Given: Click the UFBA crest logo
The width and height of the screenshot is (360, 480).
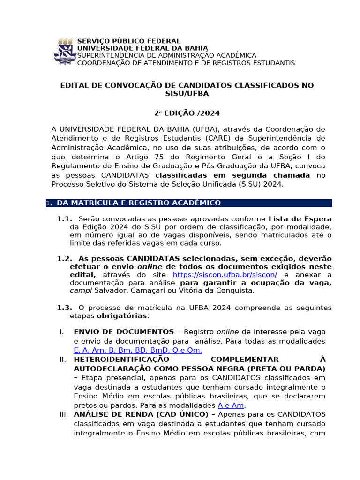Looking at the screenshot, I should click(x=66, y=52).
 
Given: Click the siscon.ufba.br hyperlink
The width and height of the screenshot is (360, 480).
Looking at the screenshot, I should click(x=225, y=275).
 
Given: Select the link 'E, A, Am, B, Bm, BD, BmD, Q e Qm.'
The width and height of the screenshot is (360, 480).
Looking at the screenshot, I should click(x=138, y=350).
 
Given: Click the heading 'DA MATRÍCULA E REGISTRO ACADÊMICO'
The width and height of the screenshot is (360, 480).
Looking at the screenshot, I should click(x=139, y=203).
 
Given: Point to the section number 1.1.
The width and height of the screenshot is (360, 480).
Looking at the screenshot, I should click(x=65, y=219).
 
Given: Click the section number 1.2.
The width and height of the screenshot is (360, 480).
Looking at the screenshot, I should click(x=65, y=259).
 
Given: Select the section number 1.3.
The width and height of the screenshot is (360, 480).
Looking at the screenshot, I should click(x=65, y=308).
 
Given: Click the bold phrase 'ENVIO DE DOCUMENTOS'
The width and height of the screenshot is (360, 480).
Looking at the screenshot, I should click(x=124, y=332).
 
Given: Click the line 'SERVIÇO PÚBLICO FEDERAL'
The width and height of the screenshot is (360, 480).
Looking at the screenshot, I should click(x=128, y=41).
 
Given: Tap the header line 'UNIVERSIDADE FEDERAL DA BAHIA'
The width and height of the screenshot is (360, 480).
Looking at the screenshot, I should click(x=142, y=48).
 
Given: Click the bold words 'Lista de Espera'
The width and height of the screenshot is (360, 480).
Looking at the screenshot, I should click(x=300, y=219).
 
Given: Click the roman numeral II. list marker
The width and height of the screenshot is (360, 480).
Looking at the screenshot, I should click(x=63, y=360).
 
